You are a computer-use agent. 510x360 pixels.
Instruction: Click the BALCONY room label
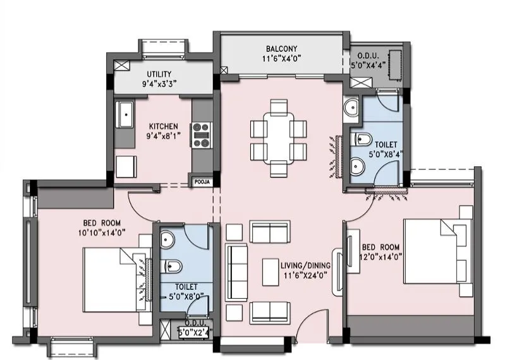[x=281, y=48]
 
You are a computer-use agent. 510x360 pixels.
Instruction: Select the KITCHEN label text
[x=163, y=126]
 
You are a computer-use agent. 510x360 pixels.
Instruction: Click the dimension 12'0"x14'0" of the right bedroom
[x=383, y=256]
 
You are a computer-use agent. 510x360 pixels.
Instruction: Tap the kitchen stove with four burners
[x=202, y=135]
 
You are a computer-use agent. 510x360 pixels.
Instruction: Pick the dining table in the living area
[x=279, y=137]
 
